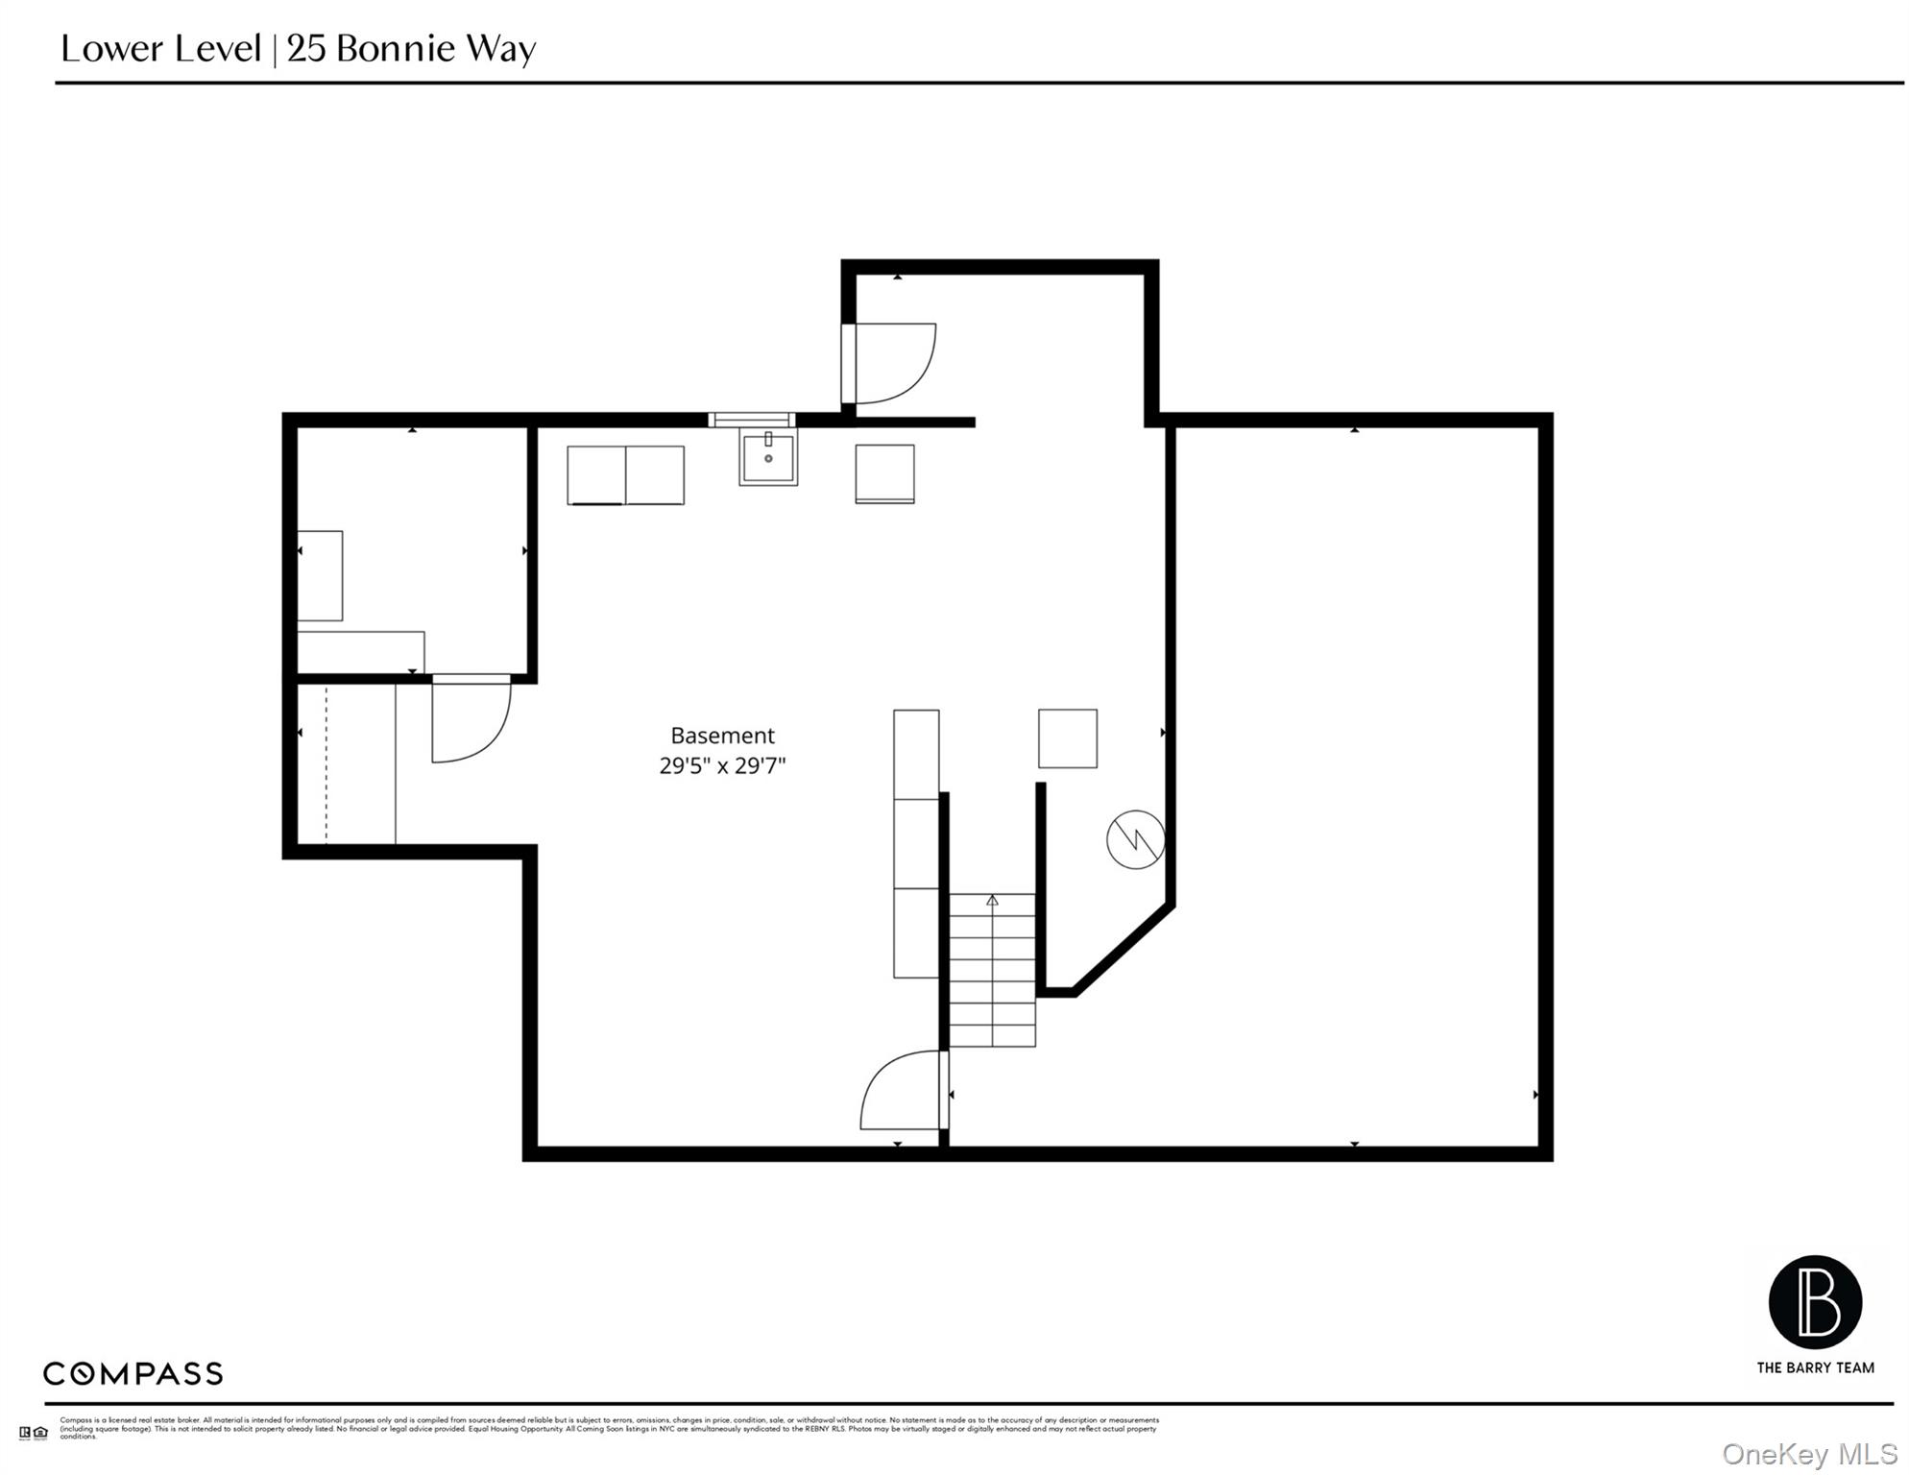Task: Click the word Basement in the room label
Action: click(x=722, y=736)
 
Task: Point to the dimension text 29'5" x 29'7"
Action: click(x=722, y=766)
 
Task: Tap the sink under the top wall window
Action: click(x=768, y=459)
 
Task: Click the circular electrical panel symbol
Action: click(x=1135, y=839)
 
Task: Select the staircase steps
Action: click(x=992, y=970)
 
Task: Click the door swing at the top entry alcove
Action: click(x=893, y=363)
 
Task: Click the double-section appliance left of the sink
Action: click(x=625, y=474)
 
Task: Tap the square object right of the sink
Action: click(x=884, y=473)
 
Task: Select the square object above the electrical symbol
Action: click(x=1067, y=738)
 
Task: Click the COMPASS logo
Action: click(x=133, y=1373)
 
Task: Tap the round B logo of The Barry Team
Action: click(x=1815, y=1302)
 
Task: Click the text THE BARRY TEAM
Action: click(x=1815, y=1367)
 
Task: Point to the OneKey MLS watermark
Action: click(x=1809, y=1454)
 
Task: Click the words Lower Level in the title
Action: click(x=160, y=49)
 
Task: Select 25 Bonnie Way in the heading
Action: click(x=411, y=49)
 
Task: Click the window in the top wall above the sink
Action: click(x=751, y=420)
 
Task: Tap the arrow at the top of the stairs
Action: click(x=992, y=900)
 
